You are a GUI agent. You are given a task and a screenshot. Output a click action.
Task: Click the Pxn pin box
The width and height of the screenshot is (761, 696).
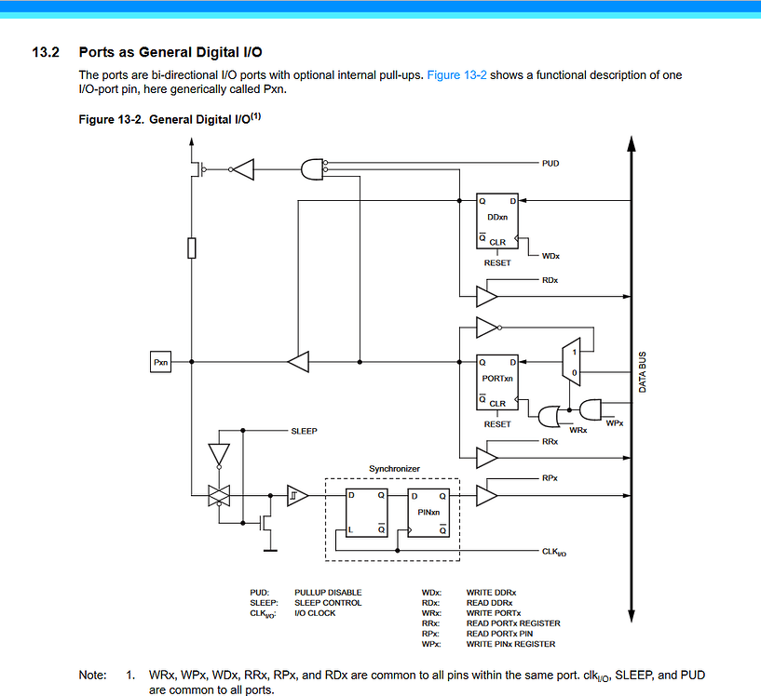pos(160,362)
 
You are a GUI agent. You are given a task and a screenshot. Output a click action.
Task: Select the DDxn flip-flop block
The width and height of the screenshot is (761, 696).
pos(497,221)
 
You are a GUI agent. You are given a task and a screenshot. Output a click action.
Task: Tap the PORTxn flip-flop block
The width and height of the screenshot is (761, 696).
pos(497,382)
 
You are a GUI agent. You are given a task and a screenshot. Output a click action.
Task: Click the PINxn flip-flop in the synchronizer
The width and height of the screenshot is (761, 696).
pos(428,513)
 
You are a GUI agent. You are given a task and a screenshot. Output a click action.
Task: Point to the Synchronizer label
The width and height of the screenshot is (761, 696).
pos(394,469)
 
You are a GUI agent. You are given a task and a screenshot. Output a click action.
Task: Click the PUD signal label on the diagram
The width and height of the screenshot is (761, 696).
pos(550,164)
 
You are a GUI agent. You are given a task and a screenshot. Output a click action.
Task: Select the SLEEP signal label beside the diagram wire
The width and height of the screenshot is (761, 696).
pos(304,431)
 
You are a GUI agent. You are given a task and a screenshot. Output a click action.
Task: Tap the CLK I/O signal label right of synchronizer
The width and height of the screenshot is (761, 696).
pos(554,552)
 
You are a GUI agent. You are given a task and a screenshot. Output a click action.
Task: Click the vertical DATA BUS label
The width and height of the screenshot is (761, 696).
pos(643,372)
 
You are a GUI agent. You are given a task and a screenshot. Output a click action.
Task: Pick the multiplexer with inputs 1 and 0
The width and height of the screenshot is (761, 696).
pos(571,362)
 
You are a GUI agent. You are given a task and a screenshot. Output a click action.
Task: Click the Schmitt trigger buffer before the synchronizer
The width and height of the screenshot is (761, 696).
pos(297,495)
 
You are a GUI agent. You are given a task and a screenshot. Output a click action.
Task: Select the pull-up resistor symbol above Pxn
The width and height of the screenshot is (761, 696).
pos(192,248)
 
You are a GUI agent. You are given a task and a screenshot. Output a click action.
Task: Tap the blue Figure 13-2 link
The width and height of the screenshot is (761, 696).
pos(456,75)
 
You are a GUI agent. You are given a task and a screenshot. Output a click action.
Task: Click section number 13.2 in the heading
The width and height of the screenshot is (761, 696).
pos(46,52)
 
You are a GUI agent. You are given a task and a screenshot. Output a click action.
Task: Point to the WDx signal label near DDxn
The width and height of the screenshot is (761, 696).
pos(550,256)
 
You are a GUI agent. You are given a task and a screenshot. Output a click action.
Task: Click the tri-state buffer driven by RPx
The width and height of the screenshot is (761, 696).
pos(487,495)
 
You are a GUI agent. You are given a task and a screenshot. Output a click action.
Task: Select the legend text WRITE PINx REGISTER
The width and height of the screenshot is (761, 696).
pos(510,644)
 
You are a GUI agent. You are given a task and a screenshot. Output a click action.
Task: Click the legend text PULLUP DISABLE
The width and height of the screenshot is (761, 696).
pos(328,593)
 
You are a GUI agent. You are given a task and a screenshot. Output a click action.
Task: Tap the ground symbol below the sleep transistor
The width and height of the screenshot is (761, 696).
pos(270,551)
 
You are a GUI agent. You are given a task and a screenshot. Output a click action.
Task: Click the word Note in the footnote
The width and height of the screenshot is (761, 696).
pos(92,676)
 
